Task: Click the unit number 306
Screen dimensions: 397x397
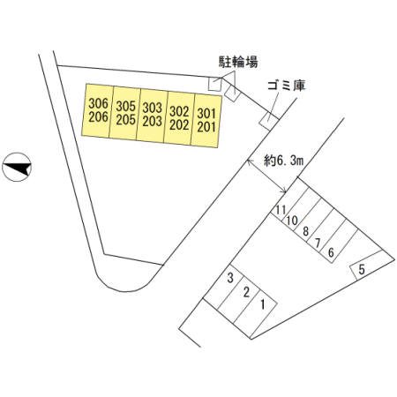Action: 99,103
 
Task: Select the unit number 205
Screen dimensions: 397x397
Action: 125,120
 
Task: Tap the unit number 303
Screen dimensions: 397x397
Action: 153,108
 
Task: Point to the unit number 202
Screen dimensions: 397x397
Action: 179,125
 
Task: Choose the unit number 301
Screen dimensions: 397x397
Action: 206,114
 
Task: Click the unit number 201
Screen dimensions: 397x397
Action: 206,127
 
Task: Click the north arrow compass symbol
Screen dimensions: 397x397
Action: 17,167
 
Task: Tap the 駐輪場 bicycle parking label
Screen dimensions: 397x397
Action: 238,62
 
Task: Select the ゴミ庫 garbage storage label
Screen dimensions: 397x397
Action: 286,86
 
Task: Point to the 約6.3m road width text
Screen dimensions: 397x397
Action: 284,161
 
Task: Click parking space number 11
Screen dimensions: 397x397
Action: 281,210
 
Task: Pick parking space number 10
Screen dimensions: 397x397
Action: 292,221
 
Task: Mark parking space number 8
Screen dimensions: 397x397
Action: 306,231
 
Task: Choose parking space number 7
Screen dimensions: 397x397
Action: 318,243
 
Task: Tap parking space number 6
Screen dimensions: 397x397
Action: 331,252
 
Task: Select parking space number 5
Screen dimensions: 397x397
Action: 362,269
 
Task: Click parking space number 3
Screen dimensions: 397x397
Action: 230,278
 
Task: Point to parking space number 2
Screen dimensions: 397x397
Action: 246,292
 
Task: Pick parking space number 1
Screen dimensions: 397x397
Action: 263,304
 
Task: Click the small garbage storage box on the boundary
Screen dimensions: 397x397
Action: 269,121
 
